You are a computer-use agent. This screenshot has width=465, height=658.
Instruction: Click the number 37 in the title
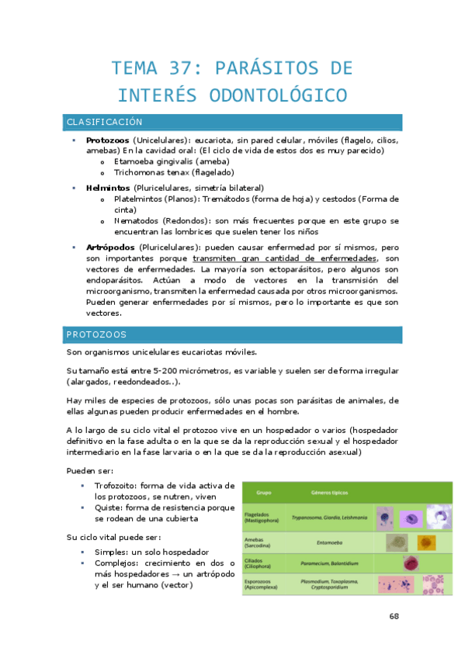(x=178, y=68)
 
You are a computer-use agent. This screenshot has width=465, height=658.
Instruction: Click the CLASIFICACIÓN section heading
(x=104, y=123)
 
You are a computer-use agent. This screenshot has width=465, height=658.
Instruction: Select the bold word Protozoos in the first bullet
(x=108, y=140)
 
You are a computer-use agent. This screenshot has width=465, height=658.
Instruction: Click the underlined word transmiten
(x=217, y=258)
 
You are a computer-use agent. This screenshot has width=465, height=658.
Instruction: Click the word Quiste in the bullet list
(x=109, y=507)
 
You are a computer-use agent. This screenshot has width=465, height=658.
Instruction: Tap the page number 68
(x=394, y=616)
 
